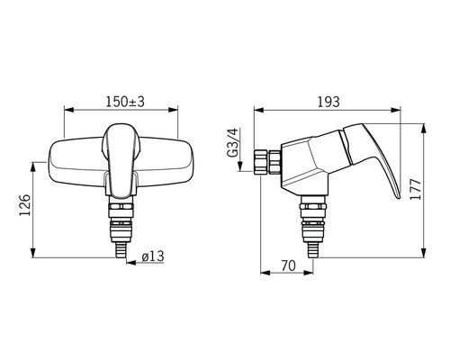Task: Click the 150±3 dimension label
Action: [125, 102]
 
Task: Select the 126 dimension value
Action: [25, 205]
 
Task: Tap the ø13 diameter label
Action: [153, 256]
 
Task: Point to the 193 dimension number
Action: [328, 102]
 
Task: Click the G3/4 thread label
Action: [232, 142]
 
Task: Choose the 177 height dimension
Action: [416, 189]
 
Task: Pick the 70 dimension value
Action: [288, 265]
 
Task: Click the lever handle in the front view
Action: [121, 161]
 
